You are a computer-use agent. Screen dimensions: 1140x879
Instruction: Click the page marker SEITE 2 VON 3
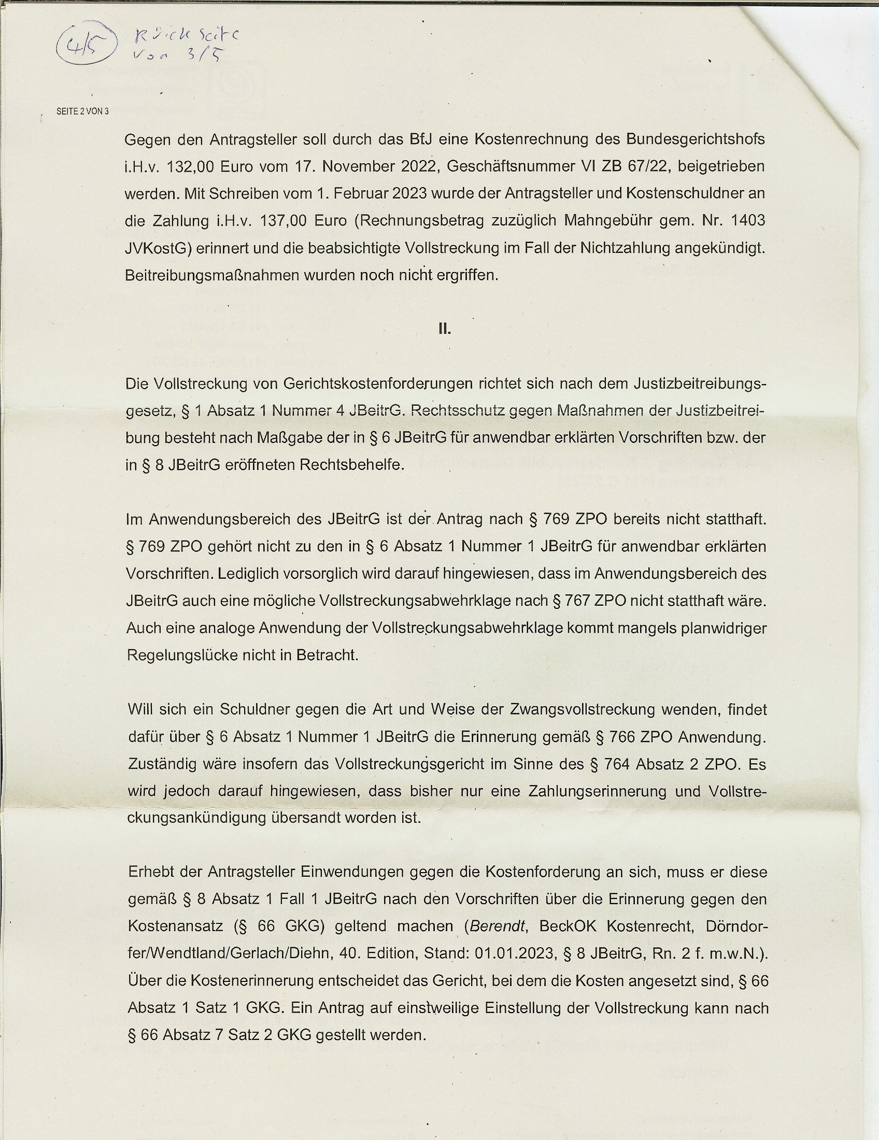[x=82, y=111]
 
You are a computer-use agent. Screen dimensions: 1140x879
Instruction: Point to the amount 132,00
[x=189, y=166]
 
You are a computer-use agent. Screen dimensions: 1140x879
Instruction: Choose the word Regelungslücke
[x=180, y=655]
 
